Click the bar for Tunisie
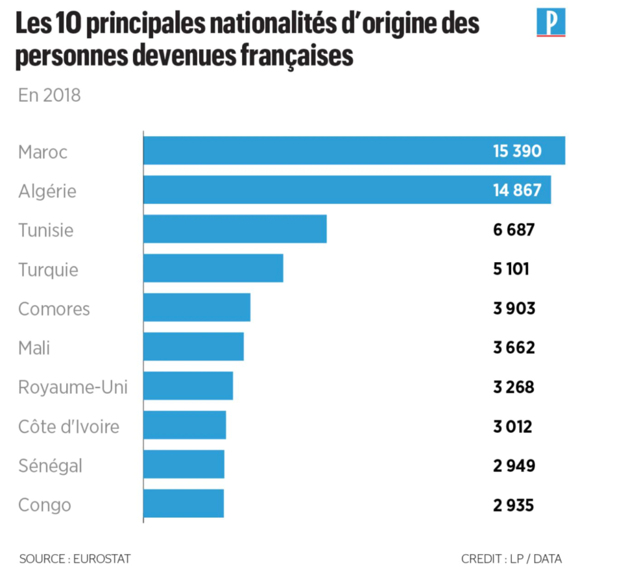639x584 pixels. tap(235, 229)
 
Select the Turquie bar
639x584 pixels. tap(213, 268)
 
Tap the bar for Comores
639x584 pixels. tap(197, 308)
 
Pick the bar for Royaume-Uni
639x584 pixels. tap(188, 386)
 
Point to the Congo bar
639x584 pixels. tap(183, 504)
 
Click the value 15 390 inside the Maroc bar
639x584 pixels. tap(516, 151)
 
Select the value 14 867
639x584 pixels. tap(516, 190)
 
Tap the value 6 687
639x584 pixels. tap(514, 230)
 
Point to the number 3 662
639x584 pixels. tap(514, 348)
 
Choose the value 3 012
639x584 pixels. tap(512, 426)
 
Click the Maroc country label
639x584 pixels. tap(42, 152)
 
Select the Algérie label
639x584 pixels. tap(47, 191)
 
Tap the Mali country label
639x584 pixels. tap(34, 348)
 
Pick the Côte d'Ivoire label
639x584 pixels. tap(69, 427)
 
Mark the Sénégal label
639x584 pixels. tap(50, 465)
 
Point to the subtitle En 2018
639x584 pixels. tap(49, 95)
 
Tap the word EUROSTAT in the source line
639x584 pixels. tap(102, 559)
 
